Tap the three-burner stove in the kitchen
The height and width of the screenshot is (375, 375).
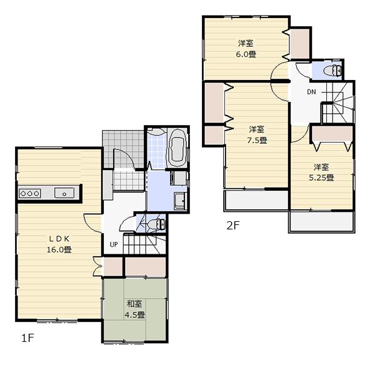click(30, 193)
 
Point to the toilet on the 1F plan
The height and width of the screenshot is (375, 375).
click(157, 223)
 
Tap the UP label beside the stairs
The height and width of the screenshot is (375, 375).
click(114, 244)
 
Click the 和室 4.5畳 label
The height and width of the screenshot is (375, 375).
click(136, 309)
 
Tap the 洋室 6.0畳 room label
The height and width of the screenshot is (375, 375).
click(246, 49)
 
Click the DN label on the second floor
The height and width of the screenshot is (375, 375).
click(311, 92)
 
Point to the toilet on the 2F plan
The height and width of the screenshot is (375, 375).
click(334, 69)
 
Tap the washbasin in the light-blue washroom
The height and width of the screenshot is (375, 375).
click(179, 201)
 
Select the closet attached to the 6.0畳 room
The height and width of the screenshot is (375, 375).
click(300, 42)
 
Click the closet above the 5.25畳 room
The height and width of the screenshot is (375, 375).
click(332, 132)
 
